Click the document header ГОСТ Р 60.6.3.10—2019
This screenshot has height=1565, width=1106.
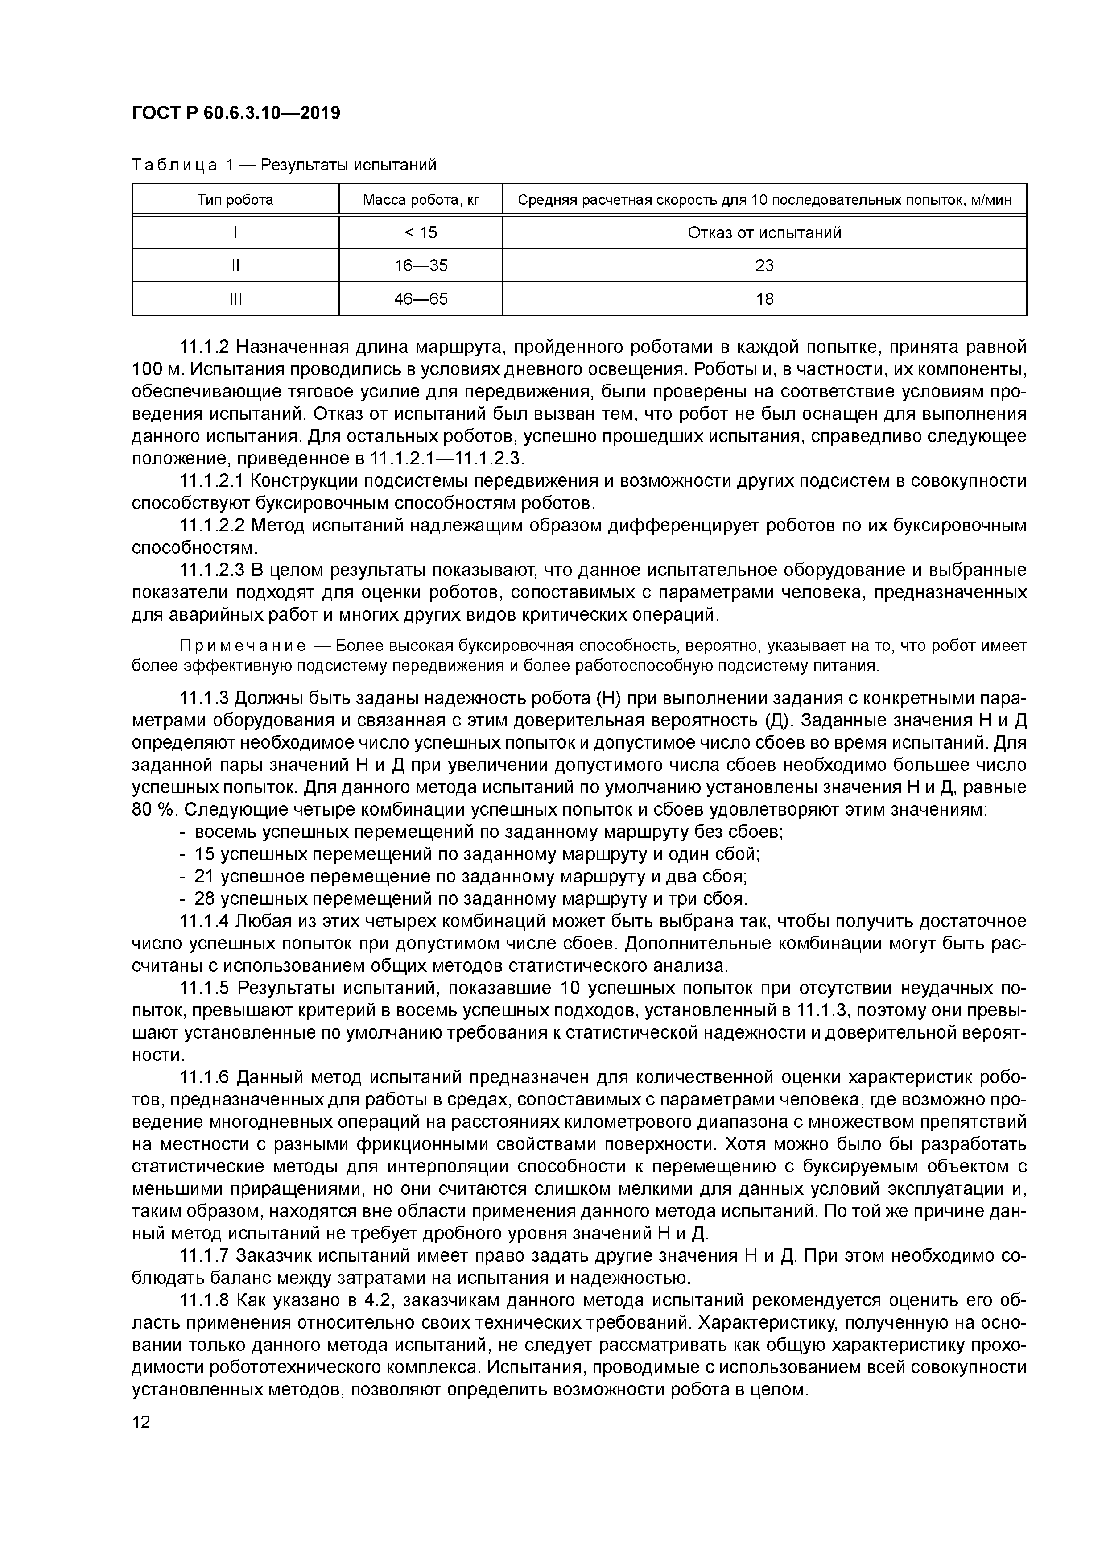[x=236, y=113]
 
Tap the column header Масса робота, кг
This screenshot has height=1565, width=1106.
[x=421, y=200]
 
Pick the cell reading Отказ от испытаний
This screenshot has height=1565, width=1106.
[x=764, y=232]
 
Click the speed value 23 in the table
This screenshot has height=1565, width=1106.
[x=764, y=265]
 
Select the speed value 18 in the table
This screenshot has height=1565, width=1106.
[x=764, y=298]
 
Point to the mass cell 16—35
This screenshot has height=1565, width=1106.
[x=421, y=265]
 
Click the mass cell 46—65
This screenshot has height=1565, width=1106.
[x=421, y=298]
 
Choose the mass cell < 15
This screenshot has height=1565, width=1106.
[x=421, y=232]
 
